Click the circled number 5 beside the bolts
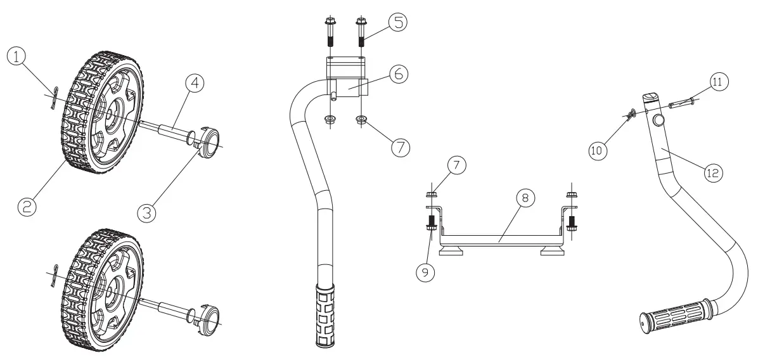(398, 22)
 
